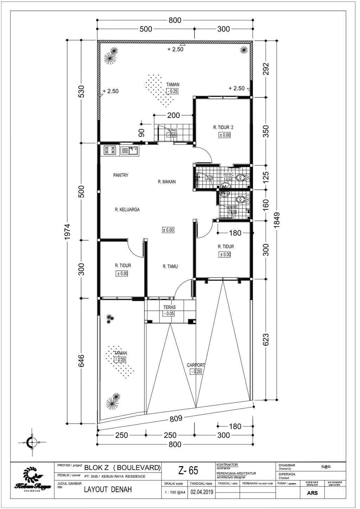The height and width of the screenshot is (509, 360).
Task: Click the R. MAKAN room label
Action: [167, 182]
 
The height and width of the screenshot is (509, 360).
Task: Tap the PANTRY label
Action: [121, 175]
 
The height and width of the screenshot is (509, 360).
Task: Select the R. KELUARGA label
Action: [127, 210]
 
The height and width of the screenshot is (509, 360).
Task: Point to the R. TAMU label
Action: [170, 267]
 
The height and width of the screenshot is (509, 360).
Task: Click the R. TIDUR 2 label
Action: [223, 128]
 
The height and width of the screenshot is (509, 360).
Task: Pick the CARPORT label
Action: [196, 365]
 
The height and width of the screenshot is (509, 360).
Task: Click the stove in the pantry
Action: [110, 150]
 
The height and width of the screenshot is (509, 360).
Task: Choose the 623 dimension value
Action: [266, 340]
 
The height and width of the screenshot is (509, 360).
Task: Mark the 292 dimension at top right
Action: [266, 69]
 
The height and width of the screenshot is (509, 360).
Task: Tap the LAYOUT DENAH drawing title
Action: [108, 489]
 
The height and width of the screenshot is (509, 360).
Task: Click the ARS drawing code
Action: [312, 493]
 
